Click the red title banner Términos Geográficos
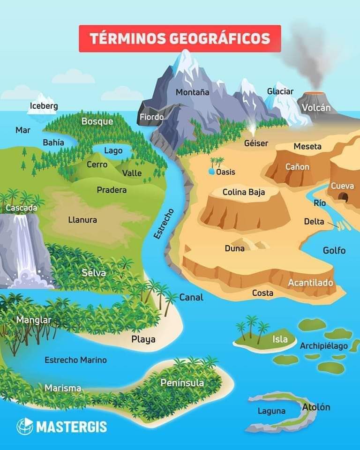point(180,38)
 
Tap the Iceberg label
point(44,106)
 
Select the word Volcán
point(316,108)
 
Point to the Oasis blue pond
point(212,172)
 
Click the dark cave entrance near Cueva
point(344,197)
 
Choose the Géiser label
point(256,143)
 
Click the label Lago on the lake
point(113,150)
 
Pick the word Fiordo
point(151,117)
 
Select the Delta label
point(314,221)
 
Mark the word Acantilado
point(310,283)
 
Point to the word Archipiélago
point(324,346)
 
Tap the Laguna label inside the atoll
point(271,411)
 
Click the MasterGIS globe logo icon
point(25,426)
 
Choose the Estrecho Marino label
point(75,360)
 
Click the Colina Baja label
point(244,192)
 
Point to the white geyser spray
point(253,127)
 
